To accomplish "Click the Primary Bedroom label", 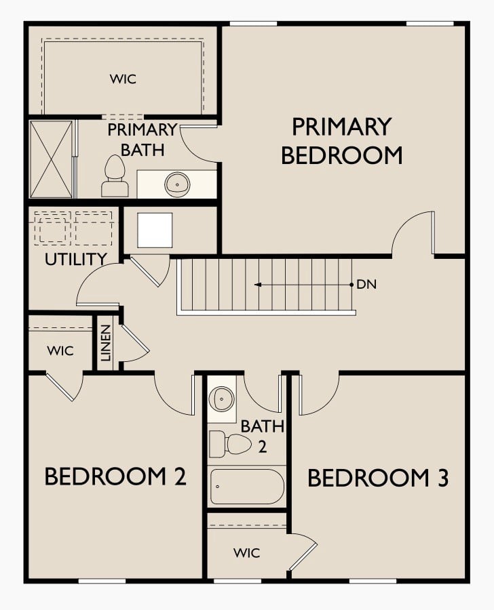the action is pos(341,141).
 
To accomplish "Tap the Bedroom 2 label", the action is pos(116,476).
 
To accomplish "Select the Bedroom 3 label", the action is pos(378,478).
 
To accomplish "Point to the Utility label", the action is pos(75,260).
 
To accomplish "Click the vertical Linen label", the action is pos(106,343).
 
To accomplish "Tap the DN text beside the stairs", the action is pos(367,285).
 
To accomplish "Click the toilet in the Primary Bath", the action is pos(115,176).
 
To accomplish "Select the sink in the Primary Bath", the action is pos(177,184).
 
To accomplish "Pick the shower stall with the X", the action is pos(52,159).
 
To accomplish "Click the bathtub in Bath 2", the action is pos(247,487).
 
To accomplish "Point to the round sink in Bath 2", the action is pos(222,399).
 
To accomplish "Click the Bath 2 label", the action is pos(263,436).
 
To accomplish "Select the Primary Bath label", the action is pos(142,140).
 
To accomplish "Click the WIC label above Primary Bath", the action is pos(123,79).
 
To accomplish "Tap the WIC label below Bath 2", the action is pos(246,553).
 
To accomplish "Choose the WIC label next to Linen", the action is pos(60,351).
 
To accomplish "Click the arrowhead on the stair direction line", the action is pos(258,285).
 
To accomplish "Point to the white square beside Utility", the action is pos(155,230).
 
